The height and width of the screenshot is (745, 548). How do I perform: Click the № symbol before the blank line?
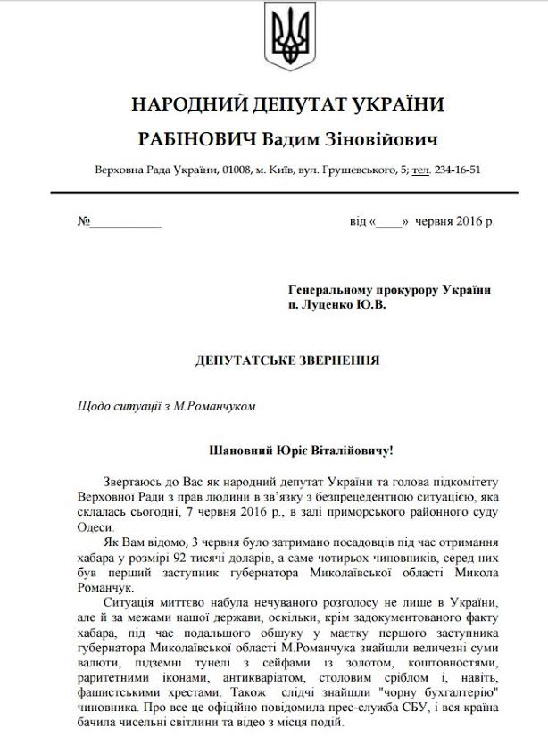(x=85, y=220)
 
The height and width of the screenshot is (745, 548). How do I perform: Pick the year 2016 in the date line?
(x=479, y=220)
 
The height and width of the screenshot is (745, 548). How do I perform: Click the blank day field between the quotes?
(x=389, y=220)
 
